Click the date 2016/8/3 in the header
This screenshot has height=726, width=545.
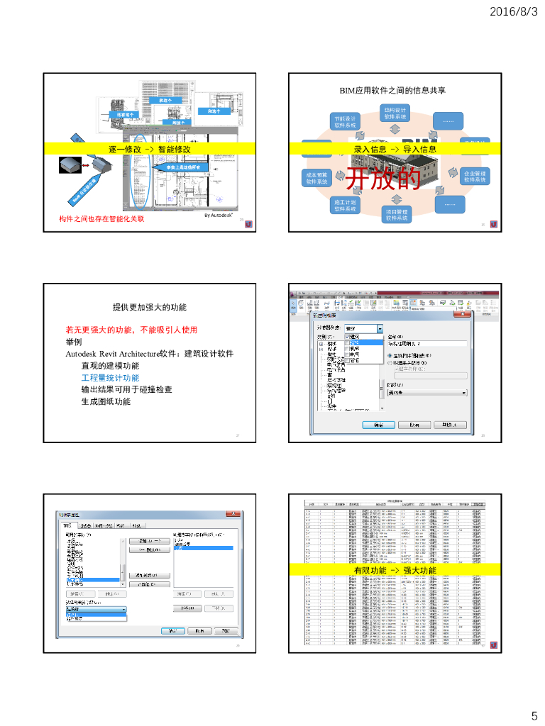click(514, 11)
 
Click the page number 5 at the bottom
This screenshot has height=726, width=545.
click(534, 715)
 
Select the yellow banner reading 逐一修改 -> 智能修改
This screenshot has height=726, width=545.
click(150, 149)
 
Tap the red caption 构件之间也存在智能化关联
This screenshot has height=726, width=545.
click(101, 219)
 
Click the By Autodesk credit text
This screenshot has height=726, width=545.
click(219, 214)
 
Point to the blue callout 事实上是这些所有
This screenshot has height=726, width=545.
click(178, 167)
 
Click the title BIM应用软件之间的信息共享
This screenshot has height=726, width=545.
click(392, 90)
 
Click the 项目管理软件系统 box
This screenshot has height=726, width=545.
click(397, 215)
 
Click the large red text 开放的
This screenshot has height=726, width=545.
click(382, 179)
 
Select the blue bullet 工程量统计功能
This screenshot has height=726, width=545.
click(110, 378)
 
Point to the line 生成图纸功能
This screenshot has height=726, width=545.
click(106, 401)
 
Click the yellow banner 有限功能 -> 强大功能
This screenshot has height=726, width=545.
click(395, 570)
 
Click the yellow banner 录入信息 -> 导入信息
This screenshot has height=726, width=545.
click(395, 149)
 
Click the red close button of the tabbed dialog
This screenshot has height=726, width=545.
click(231, 513)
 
